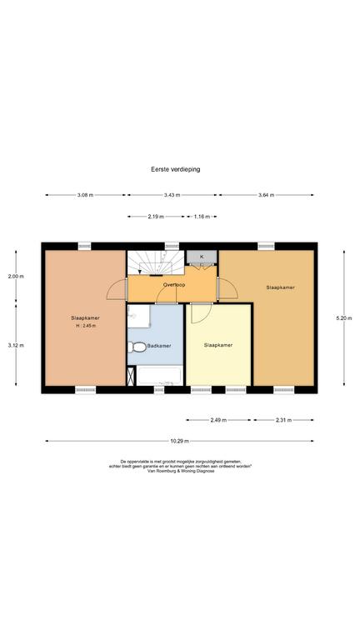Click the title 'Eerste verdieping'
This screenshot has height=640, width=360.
(176, 169)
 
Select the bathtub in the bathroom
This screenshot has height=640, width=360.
(159, 376)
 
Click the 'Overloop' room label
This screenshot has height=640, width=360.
(174, 285)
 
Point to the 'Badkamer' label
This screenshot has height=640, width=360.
(159, 346)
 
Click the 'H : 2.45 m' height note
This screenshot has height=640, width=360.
(85, 326)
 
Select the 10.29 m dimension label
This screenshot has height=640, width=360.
(180, 441)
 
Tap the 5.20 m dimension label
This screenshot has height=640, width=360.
(344, 318)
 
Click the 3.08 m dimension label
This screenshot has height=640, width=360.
(85, 195)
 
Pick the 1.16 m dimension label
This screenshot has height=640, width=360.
(202, 217)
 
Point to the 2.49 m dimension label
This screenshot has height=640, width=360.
(219, 420)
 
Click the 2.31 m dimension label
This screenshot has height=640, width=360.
(283, 420)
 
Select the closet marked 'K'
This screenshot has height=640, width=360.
(202, 257)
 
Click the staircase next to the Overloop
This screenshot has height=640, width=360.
(156, 262)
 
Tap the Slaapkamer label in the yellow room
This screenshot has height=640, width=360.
(218, 345)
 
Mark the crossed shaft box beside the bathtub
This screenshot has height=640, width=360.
(131, 377)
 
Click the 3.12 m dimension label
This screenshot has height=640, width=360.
(16, 345)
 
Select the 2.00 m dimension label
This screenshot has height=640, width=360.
(16, 277)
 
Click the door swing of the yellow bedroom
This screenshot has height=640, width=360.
(201, 313)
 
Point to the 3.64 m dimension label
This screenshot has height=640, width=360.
(266, 195)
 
